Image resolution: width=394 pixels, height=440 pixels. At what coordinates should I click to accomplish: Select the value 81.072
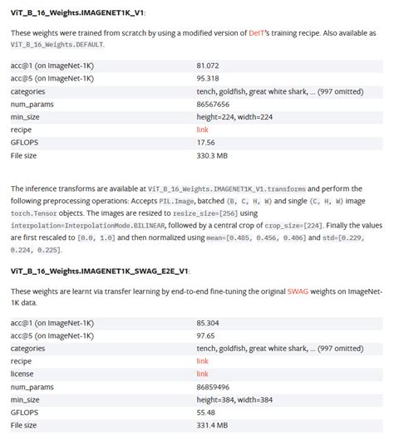pyautogui.click(x=208, y=64)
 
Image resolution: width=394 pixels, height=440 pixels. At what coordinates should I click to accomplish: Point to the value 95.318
pyautogui.click(x=208, y=77)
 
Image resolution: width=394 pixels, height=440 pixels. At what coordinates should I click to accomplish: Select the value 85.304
pyautogui.click(x=208, y=322)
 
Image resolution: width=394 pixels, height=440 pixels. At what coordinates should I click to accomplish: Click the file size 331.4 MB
pyautogui.click(x=211, y=425)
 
